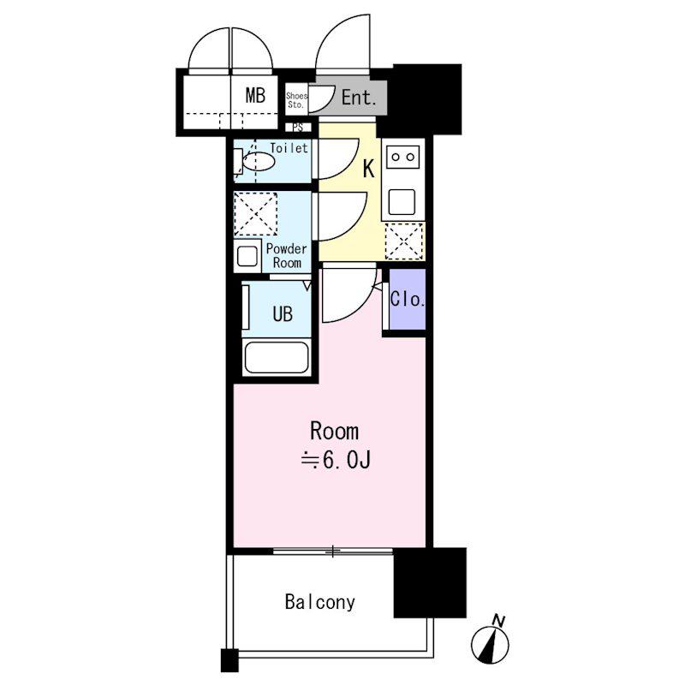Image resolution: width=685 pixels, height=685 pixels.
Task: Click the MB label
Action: pyautogui.click(x=255, y=95)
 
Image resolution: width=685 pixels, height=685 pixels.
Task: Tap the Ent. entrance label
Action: pyautogui.click(x=358, y=98)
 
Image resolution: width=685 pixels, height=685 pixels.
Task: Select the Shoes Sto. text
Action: pyautogui.click(x=296, y=100)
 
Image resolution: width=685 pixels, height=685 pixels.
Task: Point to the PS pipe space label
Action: pyautogui.click(x=298, y=128)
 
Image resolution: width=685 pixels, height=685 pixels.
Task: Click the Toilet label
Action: pyautogui.click(x=289, y=148)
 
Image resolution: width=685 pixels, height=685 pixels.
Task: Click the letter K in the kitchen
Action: pyautogui.click(x=369, y=169)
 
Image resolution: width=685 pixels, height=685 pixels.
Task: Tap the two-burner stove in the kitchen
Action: pyautogui.click(x=402, y=157)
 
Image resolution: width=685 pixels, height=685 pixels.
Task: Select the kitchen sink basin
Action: pyautogui.click(x=402, y=202)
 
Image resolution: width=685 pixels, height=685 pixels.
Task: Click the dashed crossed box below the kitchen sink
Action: pyautogui.click(x=404, y=241)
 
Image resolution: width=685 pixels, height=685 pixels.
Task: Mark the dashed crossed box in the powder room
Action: pyautogui.click(x=255, y=214)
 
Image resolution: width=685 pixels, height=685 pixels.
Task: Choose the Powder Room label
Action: pyautogui.click(x=287, y=256)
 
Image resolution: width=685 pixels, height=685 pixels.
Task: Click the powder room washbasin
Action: pyautogui.click(x=247, y=256)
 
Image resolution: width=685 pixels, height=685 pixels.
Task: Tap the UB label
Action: pyautogui.click(x=283, y=314)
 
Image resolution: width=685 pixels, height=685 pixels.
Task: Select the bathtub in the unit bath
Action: pyautogui.click(x=277, y=358)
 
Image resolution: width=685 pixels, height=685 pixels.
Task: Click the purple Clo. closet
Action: pyautogui.click(x=408, y=299)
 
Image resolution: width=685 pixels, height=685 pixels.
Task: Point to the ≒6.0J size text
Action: pyautogui.click(x=336, y=460)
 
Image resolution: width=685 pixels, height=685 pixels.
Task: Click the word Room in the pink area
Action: pyautogui.click(x=334, y=432)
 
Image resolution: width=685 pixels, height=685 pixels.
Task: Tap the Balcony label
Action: pyautogui.click(x=320, y=603)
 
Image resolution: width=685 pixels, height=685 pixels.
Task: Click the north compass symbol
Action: pyautogui.click(x=490, y=641)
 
